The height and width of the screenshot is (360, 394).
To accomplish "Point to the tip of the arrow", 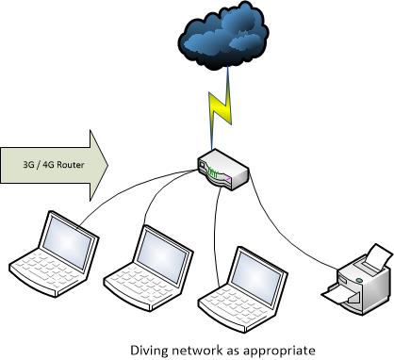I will click(x=107, y=164).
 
